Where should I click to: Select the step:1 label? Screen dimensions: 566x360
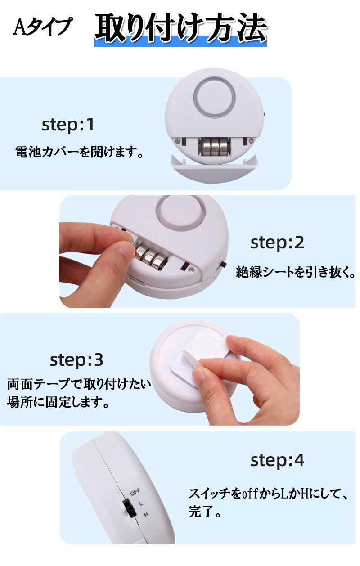pos(68,125)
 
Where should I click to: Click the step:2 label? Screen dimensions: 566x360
pos(277,243)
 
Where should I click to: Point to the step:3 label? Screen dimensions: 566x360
pos(76,360)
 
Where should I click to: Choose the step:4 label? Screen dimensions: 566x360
pos(277,460)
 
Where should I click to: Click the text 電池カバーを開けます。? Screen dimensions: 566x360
pos(79,152)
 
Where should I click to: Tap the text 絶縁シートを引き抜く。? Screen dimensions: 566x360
pos(295,272)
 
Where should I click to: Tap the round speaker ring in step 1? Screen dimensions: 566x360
pos(215,96)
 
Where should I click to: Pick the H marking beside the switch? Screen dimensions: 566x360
pos(145,514)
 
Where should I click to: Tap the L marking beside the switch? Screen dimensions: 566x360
pos(141,503)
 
